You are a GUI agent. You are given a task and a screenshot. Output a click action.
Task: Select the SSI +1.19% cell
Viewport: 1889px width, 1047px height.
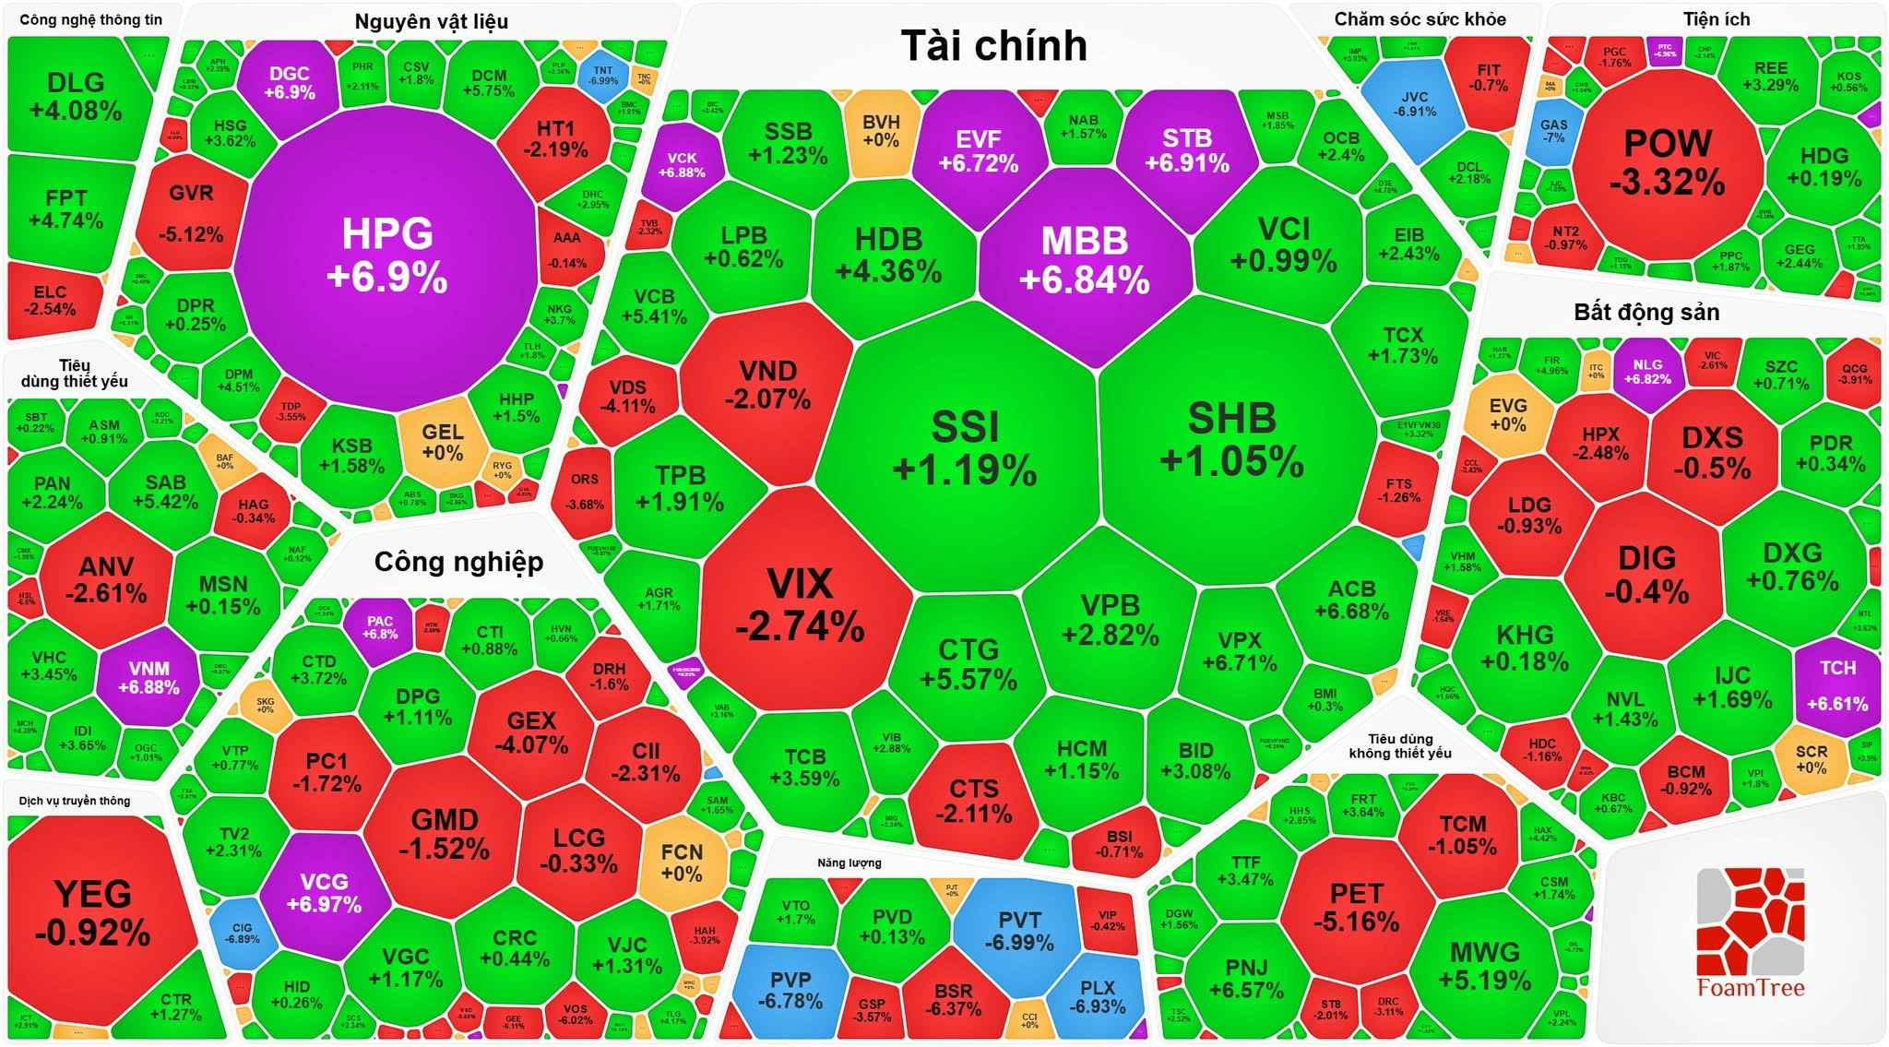964,448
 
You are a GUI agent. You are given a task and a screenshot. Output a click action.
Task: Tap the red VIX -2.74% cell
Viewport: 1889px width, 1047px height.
800,604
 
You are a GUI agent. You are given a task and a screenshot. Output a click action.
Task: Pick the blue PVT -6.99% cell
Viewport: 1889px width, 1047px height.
1018,931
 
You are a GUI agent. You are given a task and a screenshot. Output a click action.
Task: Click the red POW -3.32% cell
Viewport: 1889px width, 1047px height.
1667,162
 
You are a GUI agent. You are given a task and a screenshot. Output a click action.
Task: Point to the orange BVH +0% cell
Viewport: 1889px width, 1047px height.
881,131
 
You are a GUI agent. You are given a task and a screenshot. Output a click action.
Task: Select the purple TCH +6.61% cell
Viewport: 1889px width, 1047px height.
1837,684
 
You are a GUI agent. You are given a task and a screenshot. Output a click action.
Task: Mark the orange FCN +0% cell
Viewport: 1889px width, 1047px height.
682,863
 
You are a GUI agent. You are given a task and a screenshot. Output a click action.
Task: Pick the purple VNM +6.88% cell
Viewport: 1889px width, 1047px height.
149,677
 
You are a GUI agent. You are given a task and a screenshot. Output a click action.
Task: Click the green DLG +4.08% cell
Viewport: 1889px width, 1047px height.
76,96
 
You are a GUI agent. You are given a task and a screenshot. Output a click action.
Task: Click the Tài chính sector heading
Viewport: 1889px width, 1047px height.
993,46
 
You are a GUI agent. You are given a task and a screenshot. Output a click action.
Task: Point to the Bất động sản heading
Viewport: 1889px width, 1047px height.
1646,312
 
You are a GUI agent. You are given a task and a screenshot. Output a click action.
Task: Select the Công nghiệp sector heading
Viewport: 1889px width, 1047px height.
458,562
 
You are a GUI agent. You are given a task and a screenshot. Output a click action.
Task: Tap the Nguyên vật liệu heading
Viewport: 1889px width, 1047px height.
431,21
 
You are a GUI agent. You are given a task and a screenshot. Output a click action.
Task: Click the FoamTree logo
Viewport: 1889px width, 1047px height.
1750,932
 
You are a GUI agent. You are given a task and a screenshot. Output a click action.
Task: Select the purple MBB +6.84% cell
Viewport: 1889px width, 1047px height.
1084,259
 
